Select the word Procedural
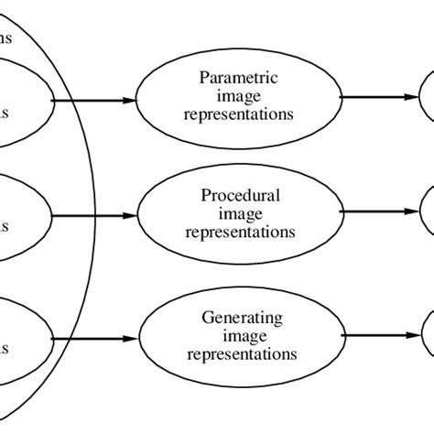pos(239,196)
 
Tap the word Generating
pos(239,318)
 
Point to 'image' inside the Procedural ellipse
pos(239,213)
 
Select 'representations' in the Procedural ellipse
pos(239,232)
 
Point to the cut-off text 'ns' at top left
pos(5,38)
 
